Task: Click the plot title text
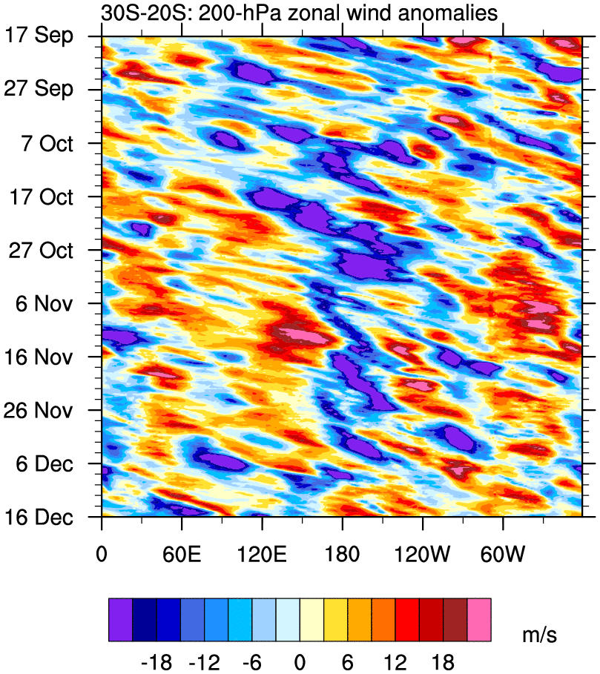(x=299, y=13)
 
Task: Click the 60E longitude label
(x=181, y=555)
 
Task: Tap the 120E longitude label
(x=261, y=555)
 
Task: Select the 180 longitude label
(x=342, y=555)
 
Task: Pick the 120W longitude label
(x=422, y=555)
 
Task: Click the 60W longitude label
(x=502, y=555)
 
